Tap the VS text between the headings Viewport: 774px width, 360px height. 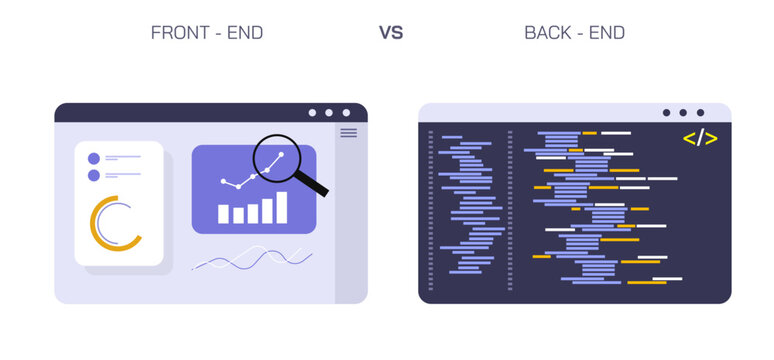pos(390,32)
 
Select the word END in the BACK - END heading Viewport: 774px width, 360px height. pos(606,32)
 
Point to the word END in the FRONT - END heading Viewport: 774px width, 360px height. pos(244,32)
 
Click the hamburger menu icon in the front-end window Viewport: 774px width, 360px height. pos(348,132)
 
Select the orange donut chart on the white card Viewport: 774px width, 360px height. pos(114,223)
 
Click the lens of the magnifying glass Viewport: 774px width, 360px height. pos(276,158)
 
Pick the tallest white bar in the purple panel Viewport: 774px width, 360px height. pos(282,207)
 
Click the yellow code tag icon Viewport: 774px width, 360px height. pos(700,138)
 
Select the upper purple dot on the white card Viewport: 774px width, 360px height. pos(94,158)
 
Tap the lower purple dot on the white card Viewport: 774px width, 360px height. pos(94,175)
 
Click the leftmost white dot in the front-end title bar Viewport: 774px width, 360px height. pos(313,113)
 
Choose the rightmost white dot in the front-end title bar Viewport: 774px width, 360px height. pos(347,113)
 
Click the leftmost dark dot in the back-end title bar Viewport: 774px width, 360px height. pos(665,113)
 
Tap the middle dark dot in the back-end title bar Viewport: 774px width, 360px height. pos(683,113)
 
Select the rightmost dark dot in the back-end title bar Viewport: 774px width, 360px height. pos(700,113)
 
